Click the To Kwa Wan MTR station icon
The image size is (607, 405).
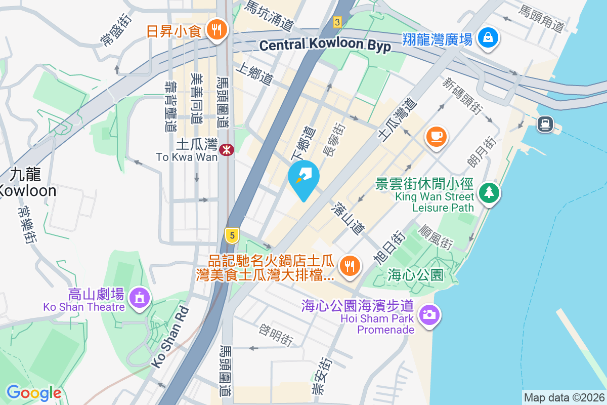pos(226,149)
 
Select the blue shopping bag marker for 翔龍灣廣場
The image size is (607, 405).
pos(488,38)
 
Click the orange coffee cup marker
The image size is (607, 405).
pos(436,136)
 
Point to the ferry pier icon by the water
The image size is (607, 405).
pos(545,124)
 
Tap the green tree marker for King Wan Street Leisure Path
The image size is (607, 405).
pos(488,192)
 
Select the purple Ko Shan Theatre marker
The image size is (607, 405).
pos(139,297)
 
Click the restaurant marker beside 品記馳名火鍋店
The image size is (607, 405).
pos(349,265)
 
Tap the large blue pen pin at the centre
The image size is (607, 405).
pos(303,177)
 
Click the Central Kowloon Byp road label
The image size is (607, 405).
pos(325,46)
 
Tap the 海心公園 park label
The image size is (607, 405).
pos(416,275)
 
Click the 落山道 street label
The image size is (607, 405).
pos(349,218)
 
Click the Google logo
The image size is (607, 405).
pos(34,393)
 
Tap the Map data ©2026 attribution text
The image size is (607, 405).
pos(563,398)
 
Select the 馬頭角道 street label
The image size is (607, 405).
pos(542,18)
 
